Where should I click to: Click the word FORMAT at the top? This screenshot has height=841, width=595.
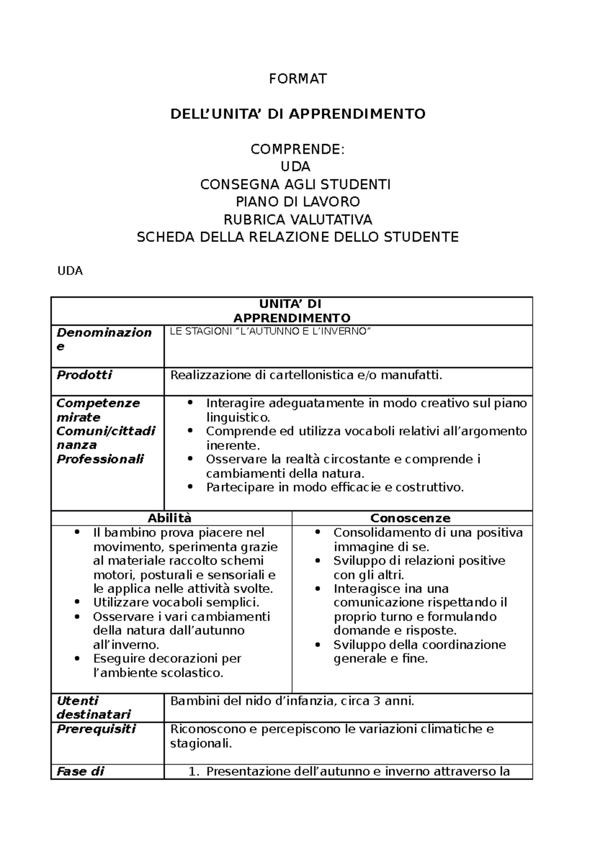tap(297, 79)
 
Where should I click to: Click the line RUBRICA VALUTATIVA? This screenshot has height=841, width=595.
tap(297, 219)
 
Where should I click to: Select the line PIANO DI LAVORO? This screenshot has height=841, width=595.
tap(297, 202)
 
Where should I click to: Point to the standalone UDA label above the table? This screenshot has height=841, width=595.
tap(70, 271)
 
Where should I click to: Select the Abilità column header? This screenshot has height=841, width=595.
tap(170, 519)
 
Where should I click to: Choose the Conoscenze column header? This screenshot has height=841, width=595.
tap(410, 519)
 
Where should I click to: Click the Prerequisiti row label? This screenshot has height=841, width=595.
tap(96, 729)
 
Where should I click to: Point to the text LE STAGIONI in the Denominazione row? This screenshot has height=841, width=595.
tap(195, 332)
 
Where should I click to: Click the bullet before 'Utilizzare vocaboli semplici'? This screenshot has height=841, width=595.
tap(77, 603)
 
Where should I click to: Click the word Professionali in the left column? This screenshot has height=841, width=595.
tap(100, 459)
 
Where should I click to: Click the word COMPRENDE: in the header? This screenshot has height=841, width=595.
tap(297, 150)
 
